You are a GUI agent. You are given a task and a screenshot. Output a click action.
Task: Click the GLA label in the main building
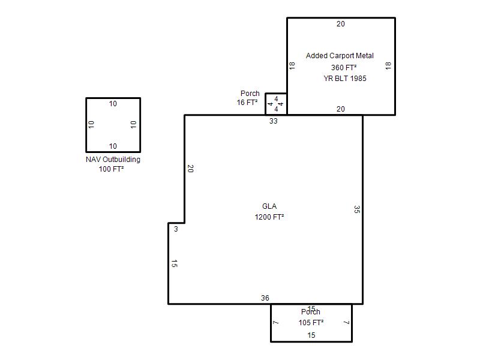coord(269,206)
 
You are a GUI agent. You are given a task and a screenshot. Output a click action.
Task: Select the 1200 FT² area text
coord(269,217)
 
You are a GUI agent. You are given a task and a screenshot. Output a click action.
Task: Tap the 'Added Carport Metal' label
coord(340,56)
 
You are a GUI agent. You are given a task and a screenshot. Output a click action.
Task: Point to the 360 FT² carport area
coord(344,67)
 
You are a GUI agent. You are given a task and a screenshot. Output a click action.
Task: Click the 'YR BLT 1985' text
coord(345,79)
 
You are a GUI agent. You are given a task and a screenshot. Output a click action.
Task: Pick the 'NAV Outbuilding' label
coord(113,160)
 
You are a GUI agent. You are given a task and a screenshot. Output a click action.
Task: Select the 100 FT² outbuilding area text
coord(111,169)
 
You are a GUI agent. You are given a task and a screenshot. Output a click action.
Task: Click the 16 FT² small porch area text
coord(247,103)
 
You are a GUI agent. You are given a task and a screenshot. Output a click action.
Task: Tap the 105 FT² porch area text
coord(311,323)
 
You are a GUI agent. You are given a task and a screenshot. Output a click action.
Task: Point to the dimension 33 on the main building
coord(274,121)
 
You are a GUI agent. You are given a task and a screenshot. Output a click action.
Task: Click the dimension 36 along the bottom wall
coord(265,298)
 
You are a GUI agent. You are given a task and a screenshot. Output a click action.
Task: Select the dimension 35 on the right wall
coord(356,209)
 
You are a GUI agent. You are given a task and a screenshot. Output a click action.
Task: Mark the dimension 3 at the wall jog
coord(176,229)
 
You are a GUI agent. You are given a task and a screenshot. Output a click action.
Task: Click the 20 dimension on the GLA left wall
coord(190,169)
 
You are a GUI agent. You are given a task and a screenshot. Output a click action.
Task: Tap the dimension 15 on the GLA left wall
coord(174,263)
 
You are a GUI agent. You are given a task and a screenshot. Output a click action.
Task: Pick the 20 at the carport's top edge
coord(341,24)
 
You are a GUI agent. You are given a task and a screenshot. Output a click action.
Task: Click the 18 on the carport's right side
coord(388,66)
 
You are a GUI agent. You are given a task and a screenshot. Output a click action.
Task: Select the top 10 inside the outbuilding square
coord(113,104)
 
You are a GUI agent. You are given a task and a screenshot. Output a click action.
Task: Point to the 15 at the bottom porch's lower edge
coord(311,335)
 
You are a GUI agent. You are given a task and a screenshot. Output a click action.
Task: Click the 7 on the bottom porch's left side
coord(275,323)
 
